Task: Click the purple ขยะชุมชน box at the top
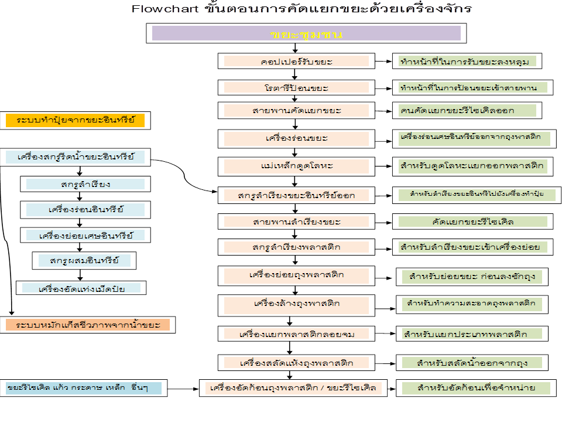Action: coord(306,33)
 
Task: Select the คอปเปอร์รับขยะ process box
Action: coord(296,61)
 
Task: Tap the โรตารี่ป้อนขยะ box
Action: coord(296,87)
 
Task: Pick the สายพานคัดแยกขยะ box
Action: coord(296,110)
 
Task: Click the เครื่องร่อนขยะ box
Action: coord(296,138)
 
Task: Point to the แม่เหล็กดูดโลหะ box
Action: coord(296,166)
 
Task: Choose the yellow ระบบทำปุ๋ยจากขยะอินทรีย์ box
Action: coord(76,121)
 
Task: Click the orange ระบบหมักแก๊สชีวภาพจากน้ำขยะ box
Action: coord(88,324)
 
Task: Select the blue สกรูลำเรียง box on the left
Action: coord(85,184)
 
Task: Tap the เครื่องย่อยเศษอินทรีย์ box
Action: coord(85,235)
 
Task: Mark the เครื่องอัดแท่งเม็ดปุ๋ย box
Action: coord(81,288)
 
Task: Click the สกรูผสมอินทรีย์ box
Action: coord(85,260)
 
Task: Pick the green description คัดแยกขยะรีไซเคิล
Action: coord(472,222)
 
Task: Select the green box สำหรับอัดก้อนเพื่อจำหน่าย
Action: coord(475,388)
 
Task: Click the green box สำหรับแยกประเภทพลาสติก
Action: coord(472,334)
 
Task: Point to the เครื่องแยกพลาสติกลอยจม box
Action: coord(296,334)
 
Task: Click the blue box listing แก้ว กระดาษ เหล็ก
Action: coord(81,388)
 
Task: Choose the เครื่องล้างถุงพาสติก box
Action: coord(296,304)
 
